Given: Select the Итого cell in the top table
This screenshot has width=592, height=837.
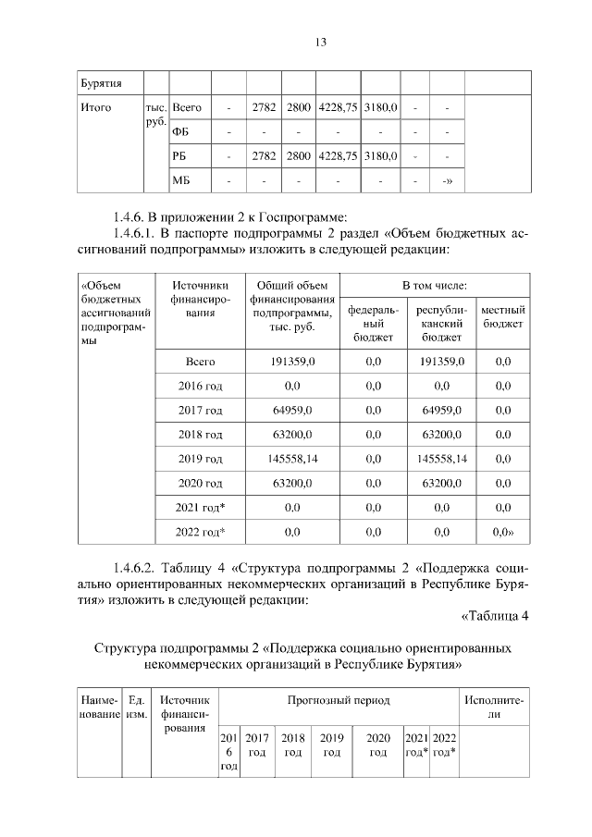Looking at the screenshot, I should pyautogui.click(x=96, y=108).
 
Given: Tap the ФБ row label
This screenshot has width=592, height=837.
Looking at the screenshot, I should pyautogui.click(x=180, y=132).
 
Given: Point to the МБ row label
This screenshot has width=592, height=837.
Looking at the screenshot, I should pyautogui.click(x=181, y=180).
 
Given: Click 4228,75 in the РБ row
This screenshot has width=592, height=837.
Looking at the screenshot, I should pyautogui.click(x=338, y=156).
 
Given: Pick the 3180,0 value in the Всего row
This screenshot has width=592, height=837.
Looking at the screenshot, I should pyautogui.click(x=380, y=108).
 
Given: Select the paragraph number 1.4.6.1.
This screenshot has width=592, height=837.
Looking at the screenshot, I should pyautogui.click(x=138, y=234).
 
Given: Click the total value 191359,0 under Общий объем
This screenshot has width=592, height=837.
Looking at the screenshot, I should pyautogui.click(x=292, y=362).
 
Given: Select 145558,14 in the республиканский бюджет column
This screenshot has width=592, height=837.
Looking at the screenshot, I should pyautogui.click(x=441, y=458).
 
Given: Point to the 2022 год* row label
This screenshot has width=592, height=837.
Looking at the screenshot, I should pyautogui.click(x=201, y=531).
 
